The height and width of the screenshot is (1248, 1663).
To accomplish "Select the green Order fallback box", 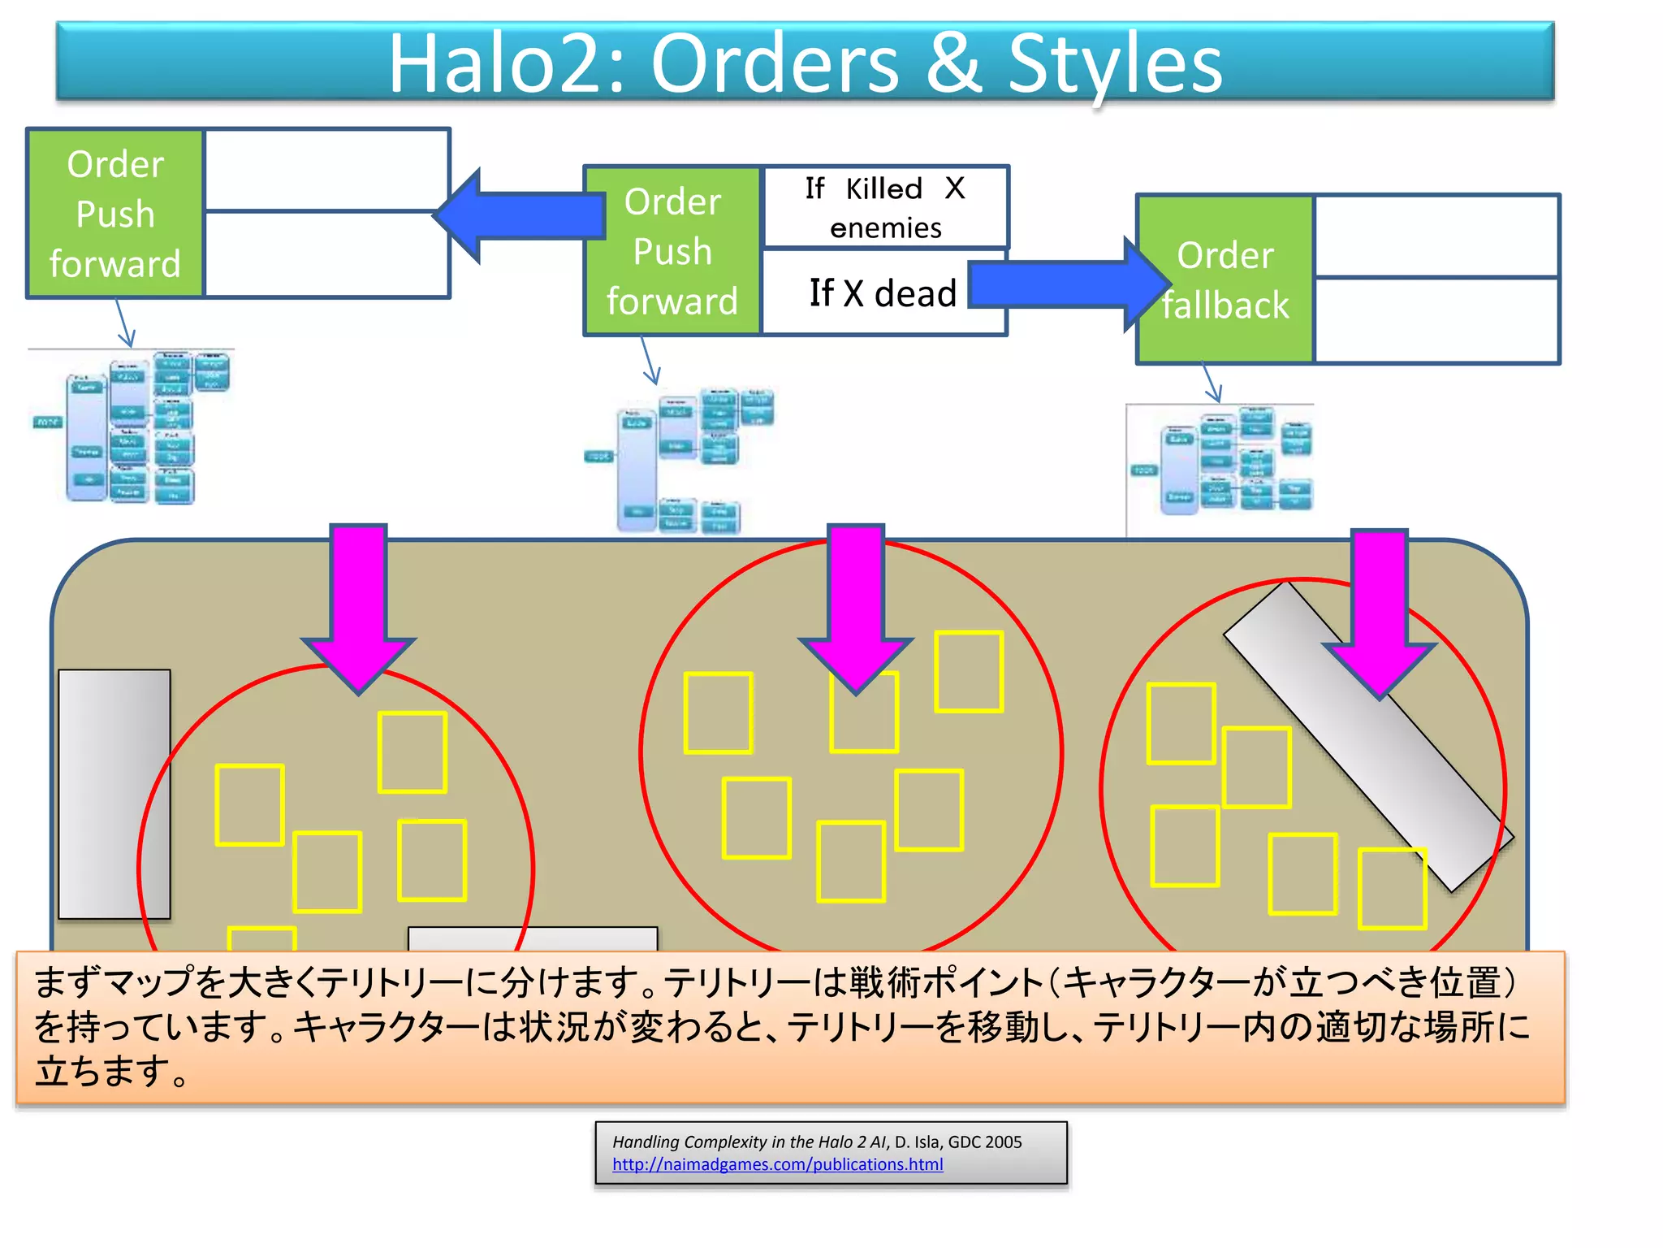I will click(1225, 279).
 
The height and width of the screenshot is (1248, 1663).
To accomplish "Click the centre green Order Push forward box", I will click(672, 251).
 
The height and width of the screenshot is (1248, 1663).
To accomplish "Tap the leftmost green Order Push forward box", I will click(115, 214).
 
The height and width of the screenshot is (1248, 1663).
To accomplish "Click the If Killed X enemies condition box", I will click(885, 207).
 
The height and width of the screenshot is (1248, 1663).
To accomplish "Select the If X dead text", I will click(883, 293).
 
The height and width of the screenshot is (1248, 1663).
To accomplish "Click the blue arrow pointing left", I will click(520, 216).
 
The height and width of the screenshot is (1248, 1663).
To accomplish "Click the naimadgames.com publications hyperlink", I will click(777, 1164).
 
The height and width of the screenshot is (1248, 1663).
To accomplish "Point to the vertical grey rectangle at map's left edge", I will click(114, 794).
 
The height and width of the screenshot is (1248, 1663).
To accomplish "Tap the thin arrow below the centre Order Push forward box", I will click(649, 361).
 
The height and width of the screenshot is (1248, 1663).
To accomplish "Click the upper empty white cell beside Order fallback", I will click(1436, 236).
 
